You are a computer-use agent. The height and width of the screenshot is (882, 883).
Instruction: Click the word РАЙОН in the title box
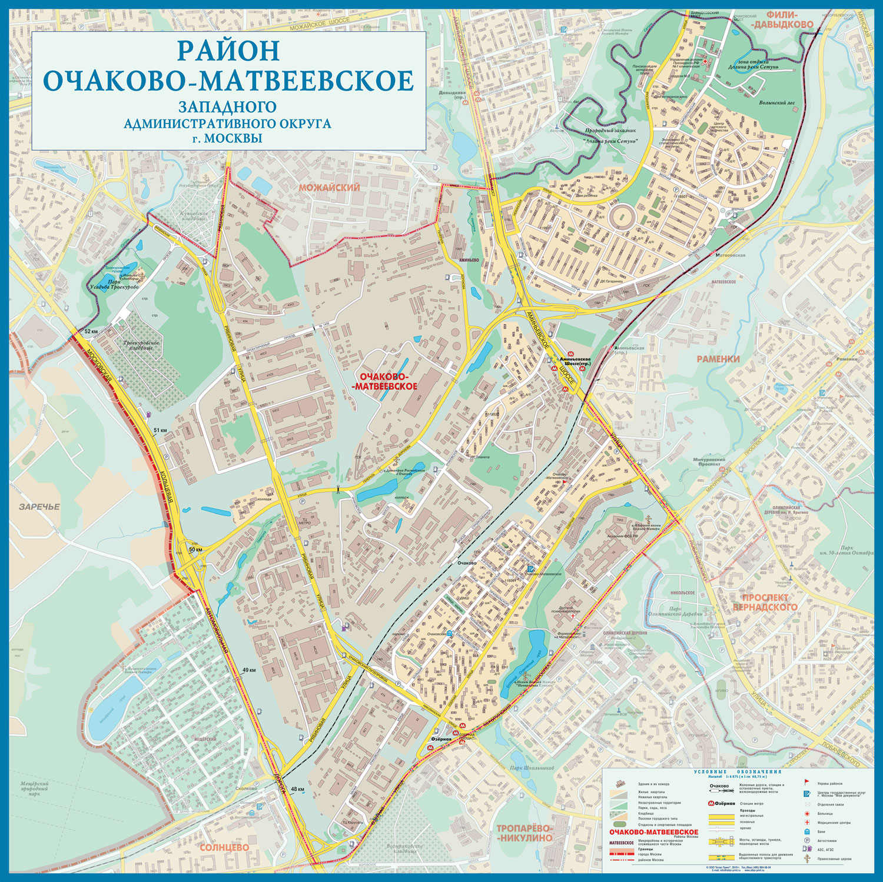pyautogui.click(x=228, y=51)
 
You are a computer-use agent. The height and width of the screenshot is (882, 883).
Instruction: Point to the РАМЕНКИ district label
pyautogui.click(x=718, y=358)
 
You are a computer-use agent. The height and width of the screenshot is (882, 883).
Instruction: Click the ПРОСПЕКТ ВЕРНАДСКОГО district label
pyautogui.click(x=765, y=602)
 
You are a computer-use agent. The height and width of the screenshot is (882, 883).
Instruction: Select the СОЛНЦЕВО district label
pyautogui.click(x=224, y=847)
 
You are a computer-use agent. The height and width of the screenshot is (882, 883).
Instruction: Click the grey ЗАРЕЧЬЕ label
pyautogui.click(x=39, y=507)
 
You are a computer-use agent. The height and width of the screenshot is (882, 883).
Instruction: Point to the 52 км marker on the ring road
pyautogui.click(x=91, y=332)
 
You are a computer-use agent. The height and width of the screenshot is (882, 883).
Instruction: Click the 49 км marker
pyautogui.click(x=249, y=670)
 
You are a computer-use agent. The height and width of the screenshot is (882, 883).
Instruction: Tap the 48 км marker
pyautogui.click(x=298, y=789)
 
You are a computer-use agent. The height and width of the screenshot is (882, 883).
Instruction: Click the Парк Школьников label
pyautogui.click(x=532, y=768)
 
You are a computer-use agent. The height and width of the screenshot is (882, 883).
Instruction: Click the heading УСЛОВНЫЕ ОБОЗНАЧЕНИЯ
pyautogui.click(x=737, y=771)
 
